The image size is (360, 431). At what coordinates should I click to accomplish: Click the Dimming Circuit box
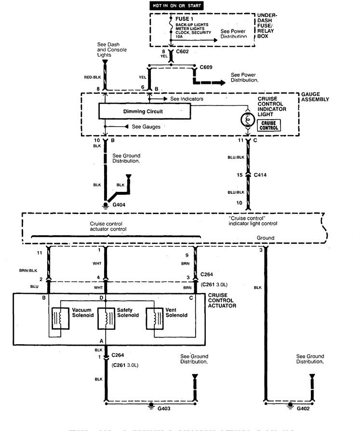click(x=144, y=111)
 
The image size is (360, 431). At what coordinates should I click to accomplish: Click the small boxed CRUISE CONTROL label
click(x=269, y=125)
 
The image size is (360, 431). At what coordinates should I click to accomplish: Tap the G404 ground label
click(x=119, y=204)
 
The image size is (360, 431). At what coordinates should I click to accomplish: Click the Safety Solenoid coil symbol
click(x=106, y=318)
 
